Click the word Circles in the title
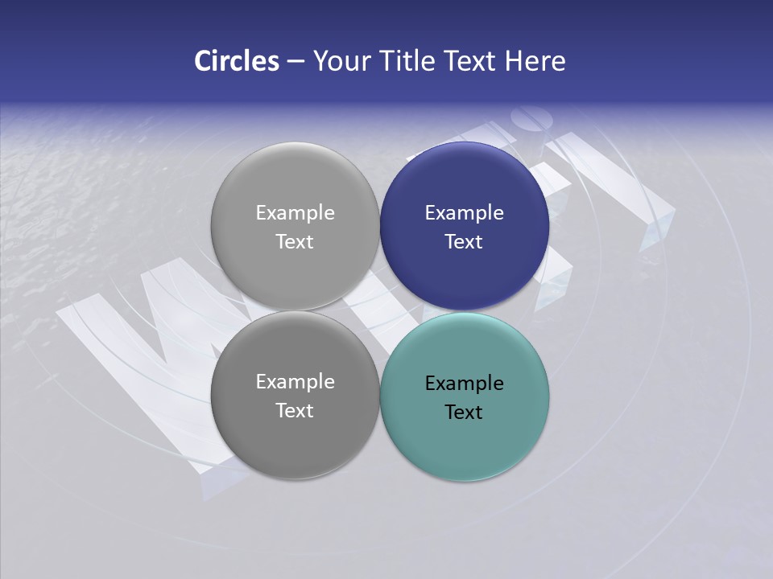pos(236,61)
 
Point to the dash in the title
pos(296,62)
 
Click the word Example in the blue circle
pos(465,213)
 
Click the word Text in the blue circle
pos(464,242)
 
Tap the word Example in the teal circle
pos(465,384)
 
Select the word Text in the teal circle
pos(464,413)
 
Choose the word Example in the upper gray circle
pos(296,213)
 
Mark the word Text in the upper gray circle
pos(295,242)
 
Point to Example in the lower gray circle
pos(296,382)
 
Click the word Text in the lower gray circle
pos(295,411)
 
